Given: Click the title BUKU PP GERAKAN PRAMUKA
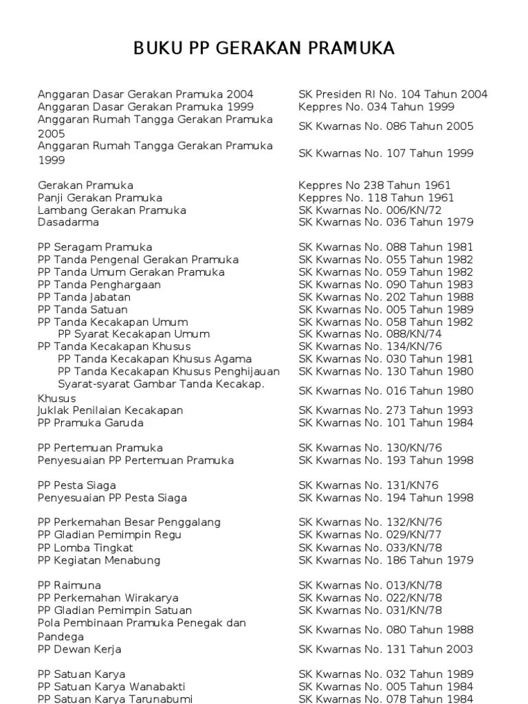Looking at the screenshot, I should tap(264, 48).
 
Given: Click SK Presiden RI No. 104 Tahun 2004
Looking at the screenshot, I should tap(393, 94).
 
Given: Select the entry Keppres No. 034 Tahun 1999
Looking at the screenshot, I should tap(376, 107).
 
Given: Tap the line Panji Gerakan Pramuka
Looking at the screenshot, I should tap(100, 198).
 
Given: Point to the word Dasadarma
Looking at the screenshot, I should tap(68, 223).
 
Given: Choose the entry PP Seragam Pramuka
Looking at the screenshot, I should tap(95, 247).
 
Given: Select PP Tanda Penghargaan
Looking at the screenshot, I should tap(99, 285).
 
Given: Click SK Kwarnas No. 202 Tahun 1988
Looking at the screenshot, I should tap(386, 297).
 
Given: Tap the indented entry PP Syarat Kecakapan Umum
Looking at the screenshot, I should tap(124, 334).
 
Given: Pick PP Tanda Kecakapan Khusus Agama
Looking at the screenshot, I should tap(155, 359).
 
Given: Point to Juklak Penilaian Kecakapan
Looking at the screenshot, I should tap(110, 410).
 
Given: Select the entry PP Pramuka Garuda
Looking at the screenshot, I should tap(91, 423).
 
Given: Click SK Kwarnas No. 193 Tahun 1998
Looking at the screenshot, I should tap(386, 461).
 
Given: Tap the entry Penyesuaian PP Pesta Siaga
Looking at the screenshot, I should tap(112, 498).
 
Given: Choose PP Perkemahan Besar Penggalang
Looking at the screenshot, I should tap(129, 522).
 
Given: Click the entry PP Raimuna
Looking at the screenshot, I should tap(69, 586).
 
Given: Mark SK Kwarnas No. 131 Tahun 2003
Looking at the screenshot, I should tap(386, 649).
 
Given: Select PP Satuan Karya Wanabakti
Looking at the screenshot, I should tap(111, 687).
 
